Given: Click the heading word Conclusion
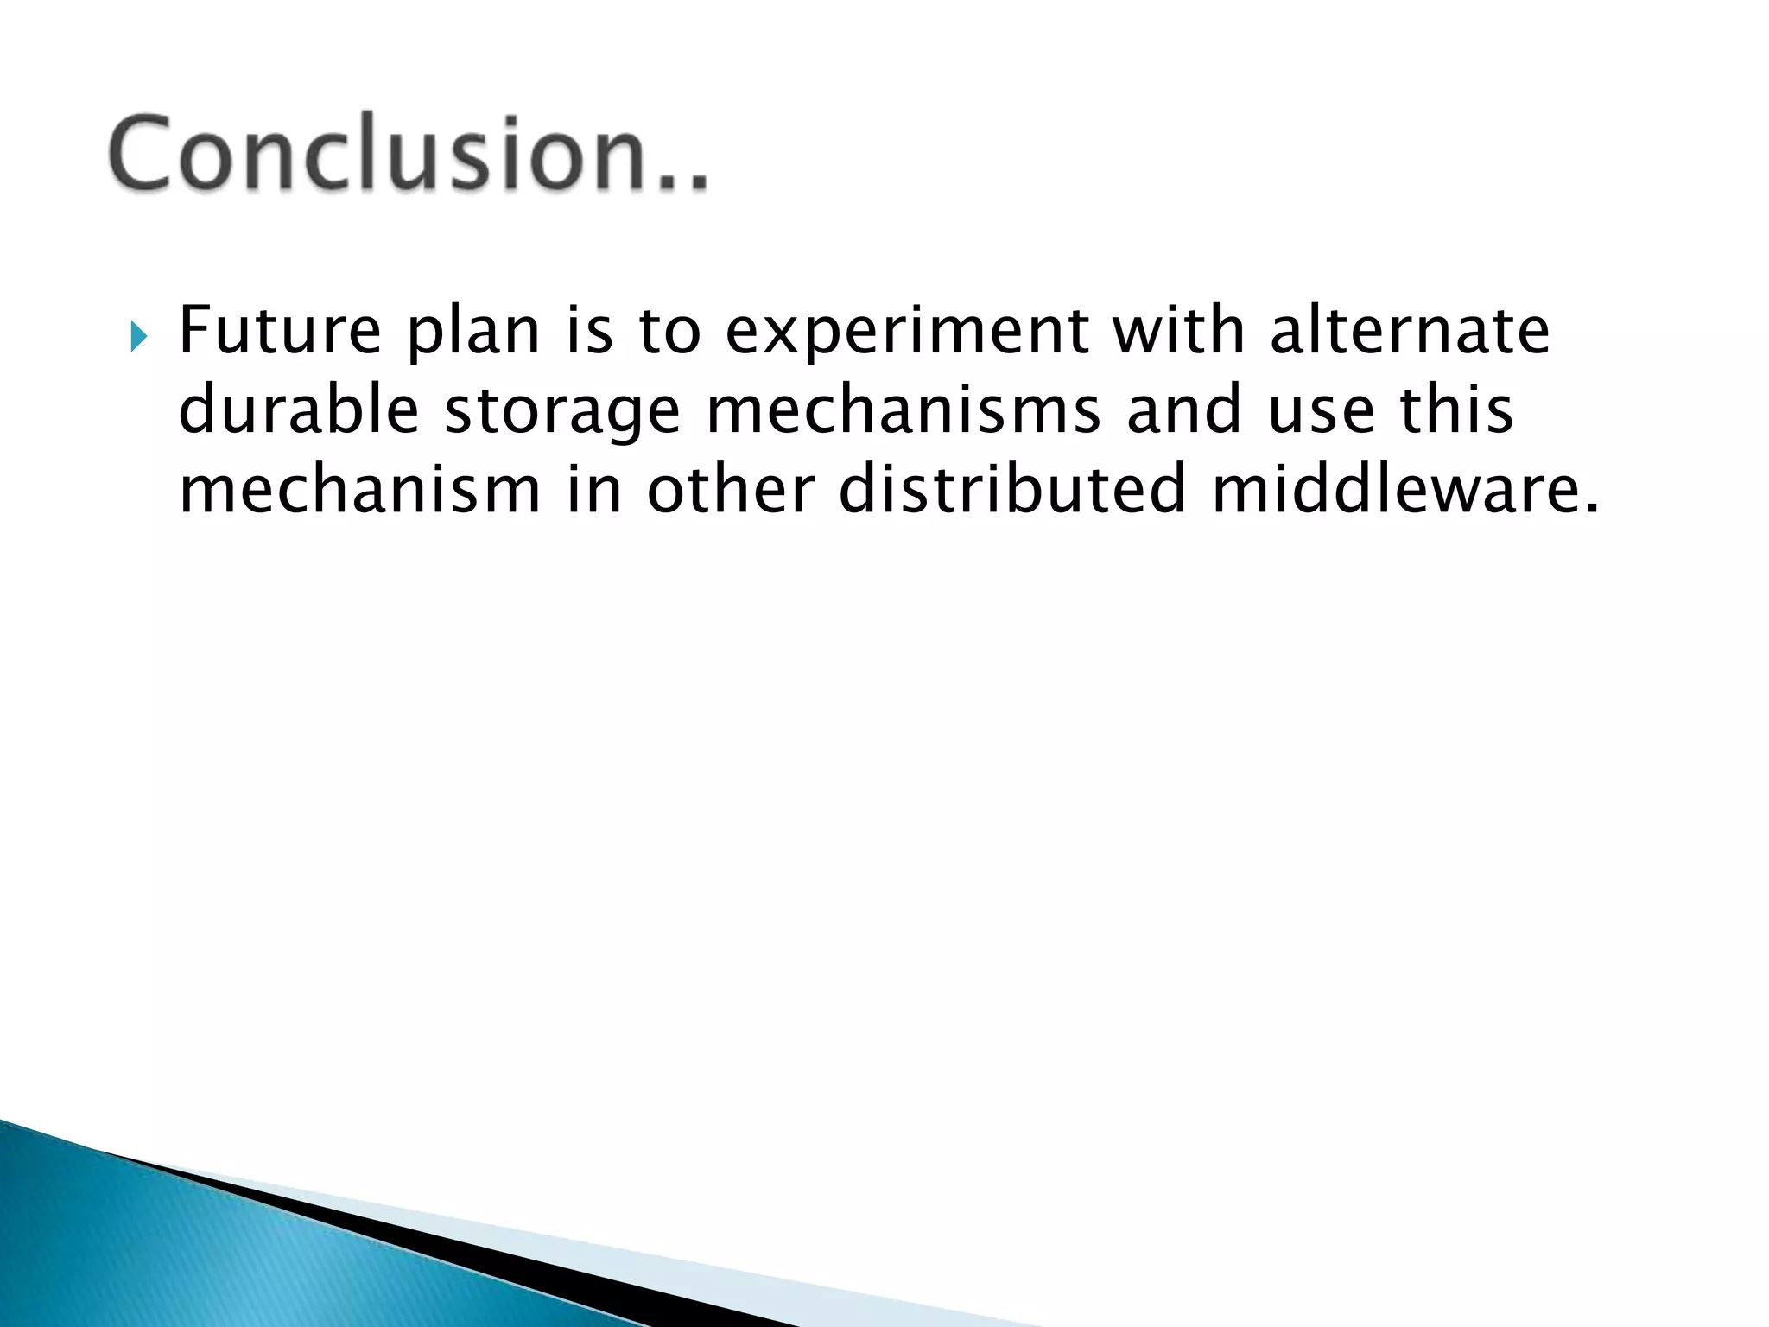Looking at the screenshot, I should (x=380, y=153).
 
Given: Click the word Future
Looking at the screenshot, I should (x=279, y=331).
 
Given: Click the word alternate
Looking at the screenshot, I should (x=1410, y=331).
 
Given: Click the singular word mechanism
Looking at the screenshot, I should (x=359, y=489).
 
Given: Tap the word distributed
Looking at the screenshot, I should (x=1012, y=489).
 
